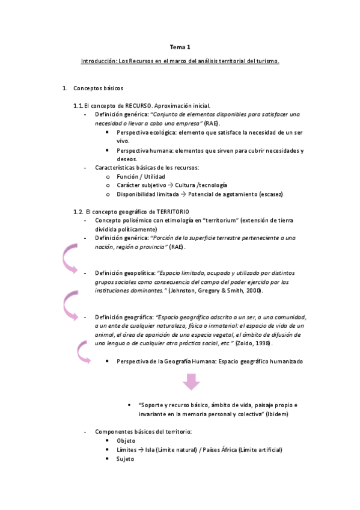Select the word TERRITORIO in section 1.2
171,211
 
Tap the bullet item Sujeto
126,458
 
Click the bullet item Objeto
126,441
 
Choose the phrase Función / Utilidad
141,177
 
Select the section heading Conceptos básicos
99,89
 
